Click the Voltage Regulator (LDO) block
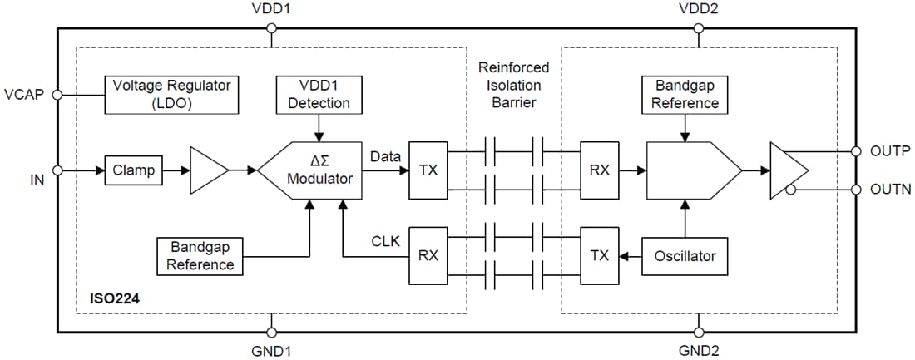tap(171, 95)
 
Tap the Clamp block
tap(133, 170)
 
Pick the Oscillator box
tap(685, 255)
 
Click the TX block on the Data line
tap(428, 170)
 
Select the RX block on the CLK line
tap(428, 255)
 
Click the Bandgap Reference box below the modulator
tap(200, 255)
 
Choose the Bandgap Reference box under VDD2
tap(685, 95)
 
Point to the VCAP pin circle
tap(57, 95)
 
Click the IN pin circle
tap(57, 170)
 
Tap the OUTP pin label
tap(890, 151)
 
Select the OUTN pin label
tap(890, 190)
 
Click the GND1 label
tap(271, 350)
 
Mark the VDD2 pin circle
tap(697, 28)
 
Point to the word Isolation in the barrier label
tap(513, 85)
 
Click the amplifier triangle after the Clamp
tap(207, 170)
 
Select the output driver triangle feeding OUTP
tap(786, 170)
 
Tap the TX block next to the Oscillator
tap(600, 255)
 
